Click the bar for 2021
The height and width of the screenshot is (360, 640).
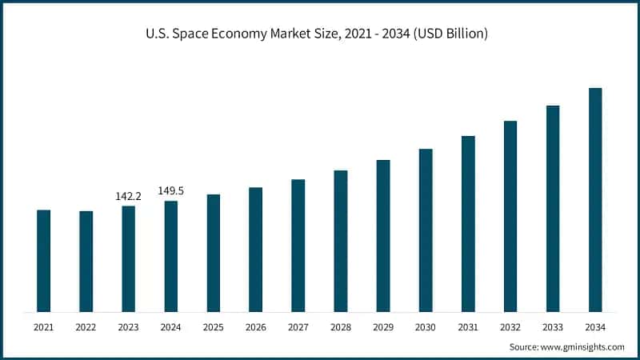[x=43, y=261]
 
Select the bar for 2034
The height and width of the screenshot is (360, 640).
[x=595, y=200]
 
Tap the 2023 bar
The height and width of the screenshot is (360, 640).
[x=128, y=259]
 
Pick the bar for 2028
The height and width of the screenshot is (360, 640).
[x=341, y=241]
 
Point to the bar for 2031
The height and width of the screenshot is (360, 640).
[x=468, y=224]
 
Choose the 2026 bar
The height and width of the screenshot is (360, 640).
[x=255, y=250]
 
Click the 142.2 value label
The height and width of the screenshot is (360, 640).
[x=128, y=196]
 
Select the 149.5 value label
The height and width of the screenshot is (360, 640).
[x=170, y=190]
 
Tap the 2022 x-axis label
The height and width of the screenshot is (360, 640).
[x=86, y=327]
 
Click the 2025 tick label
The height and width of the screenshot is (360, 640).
[x=213, y=327]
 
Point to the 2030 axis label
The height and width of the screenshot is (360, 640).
[x=426, y=327]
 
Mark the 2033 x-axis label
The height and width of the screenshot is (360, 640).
[x=553, y=327]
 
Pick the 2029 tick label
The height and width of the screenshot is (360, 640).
[x=383, y=327]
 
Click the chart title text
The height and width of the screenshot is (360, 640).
[x=320, y=34]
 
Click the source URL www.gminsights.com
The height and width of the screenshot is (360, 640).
[x=582, y=347]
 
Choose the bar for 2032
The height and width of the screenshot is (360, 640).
[x=510, y=216]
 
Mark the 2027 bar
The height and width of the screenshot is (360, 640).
[x=298, y=246]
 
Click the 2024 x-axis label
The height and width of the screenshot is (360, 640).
[x=170, y=327]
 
